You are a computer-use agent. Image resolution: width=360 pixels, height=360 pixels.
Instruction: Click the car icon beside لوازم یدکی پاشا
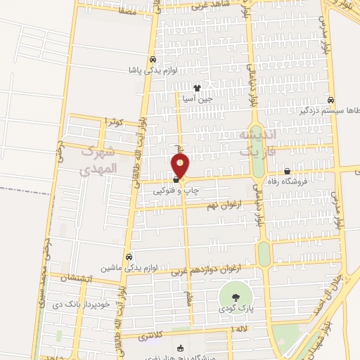point(153,60)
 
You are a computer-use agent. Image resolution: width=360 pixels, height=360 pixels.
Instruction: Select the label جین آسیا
point(198,99)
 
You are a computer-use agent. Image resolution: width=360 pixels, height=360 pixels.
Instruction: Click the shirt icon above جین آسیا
point(198,89)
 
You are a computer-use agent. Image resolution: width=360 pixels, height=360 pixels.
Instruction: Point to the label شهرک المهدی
point(96,160)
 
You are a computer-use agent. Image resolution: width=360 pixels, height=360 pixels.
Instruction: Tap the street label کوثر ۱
point(113,122)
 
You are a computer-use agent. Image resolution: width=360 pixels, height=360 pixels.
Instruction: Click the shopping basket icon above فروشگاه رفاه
point(287,172)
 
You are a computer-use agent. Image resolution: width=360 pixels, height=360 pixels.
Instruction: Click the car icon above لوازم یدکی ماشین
point(128,257)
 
